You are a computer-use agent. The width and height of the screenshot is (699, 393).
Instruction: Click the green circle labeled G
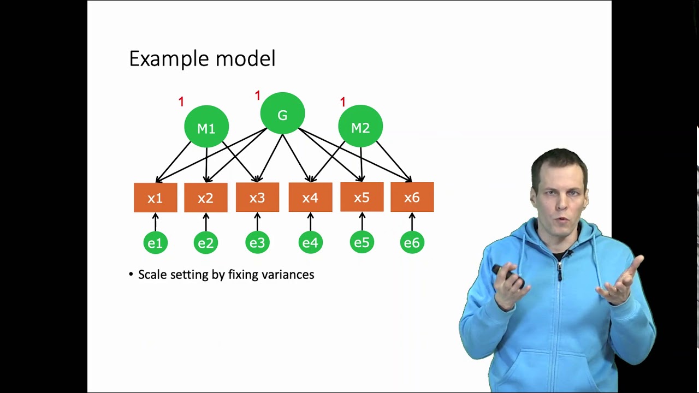tap(282, 114)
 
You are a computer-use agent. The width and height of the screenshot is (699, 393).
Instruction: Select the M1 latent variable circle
tap(206, 127)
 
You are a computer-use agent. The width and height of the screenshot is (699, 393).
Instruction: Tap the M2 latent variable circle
tap(360, 127)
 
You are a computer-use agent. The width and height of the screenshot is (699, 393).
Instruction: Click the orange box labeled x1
tap(156, 197)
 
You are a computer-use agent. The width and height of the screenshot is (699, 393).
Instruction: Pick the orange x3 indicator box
tap(257, 197)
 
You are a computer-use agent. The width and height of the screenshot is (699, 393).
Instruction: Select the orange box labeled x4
tap(310, 197)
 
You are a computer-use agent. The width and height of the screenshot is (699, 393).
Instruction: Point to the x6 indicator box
tap(412, 197)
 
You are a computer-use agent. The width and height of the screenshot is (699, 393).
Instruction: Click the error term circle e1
tap(156, 242)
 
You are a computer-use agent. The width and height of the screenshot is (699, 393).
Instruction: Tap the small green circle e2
tap(206, 242)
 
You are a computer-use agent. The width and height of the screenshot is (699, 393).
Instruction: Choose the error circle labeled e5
tap(362, 242)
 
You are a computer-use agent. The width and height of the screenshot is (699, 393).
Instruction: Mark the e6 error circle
tap(412, 242)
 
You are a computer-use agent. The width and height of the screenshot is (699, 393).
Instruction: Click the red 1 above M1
tap(181, 102)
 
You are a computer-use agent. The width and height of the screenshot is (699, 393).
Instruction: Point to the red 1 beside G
tap(258, 96)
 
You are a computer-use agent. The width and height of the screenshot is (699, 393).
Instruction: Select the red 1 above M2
tap(343, 102)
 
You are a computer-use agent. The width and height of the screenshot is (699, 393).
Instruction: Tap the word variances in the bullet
tap(288, 275)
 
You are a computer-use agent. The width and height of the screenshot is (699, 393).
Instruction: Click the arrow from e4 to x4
tap(310, 222)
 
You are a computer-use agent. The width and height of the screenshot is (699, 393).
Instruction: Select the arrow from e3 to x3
tap(257, 222)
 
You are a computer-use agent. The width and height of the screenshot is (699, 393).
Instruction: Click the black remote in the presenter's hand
tap(506, 273)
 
